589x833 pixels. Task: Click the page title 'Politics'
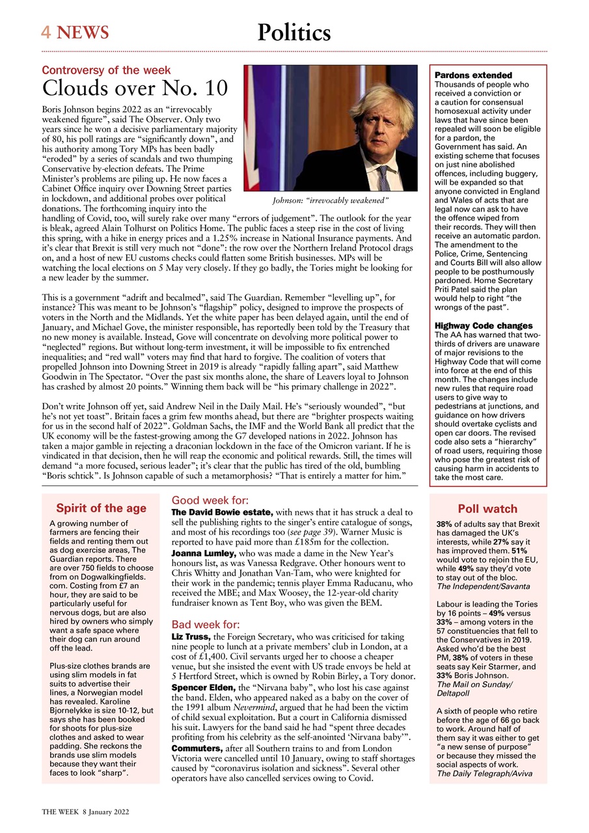(x=294, y=32)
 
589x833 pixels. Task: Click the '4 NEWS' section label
(x=75, y=32)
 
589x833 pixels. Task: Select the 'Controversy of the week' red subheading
(x=106, y=70)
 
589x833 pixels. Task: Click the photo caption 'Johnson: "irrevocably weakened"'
(x=329, y=200)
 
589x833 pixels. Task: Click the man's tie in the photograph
(x=384, y=177)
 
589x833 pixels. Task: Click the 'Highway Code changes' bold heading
(x=484, y=325)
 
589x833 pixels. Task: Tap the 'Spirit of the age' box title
(x=101, y=508)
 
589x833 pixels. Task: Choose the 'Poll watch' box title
(x=488, y=509)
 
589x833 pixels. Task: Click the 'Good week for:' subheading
(x=210, y=500)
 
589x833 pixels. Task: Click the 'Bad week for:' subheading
(x=206, y=625)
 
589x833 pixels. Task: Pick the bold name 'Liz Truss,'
(x=191, y=636)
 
